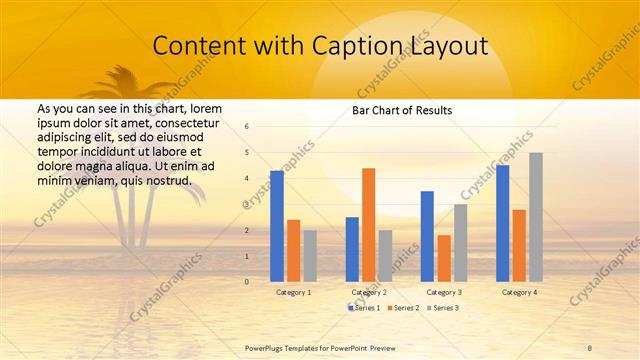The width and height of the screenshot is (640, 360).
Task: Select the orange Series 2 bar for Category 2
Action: (x=368, y=225)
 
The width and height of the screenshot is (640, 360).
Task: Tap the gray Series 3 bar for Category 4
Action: (x=536, y=217)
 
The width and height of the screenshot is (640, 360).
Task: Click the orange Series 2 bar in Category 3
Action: (x=443, y=258)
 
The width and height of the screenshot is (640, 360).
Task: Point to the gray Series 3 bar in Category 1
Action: (x=310, y=256)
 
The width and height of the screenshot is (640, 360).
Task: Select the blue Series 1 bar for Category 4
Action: (x=502, y=223)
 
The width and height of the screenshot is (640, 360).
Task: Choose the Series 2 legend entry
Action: (x=405, y=308)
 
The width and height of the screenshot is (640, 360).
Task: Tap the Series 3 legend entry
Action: (x=444, y=308)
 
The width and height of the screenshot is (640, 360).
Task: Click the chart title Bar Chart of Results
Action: (x=402, y=110)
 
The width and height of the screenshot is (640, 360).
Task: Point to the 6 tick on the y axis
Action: (x=247, y=127)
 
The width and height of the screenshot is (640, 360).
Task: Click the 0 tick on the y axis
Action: (x=247, y=282)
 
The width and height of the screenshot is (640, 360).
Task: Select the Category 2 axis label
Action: (x=369, y=292)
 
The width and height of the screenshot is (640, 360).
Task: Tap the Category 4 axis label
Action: (x=519, y=292)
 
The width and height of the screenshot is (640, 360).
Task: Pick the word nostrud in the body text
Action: (x=165, y=180)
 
